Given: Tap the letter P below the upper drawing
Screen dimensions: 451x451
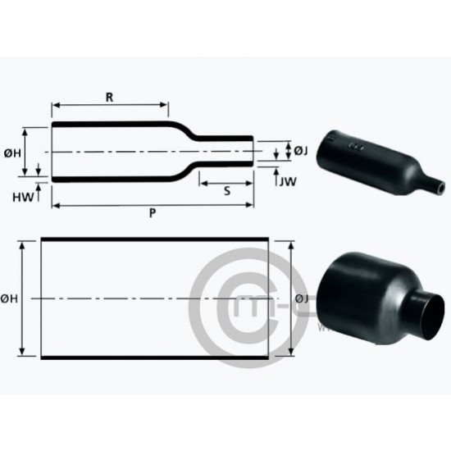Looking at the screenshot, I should point(153,212).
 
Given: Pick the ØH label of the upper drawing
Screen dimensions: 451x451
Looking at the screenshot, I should point(11,151).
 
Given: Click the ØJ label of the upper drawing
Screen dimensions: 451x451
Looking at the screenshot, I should point(300,150).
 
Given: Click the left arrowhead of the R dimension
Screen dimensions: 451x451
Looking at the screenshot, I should point(56,104).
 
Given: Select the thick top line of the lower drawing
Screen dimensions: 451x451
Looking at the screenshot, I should point(155,239).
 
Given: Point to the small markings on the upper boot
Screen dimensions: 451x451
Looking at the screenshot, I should point(356,146).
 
